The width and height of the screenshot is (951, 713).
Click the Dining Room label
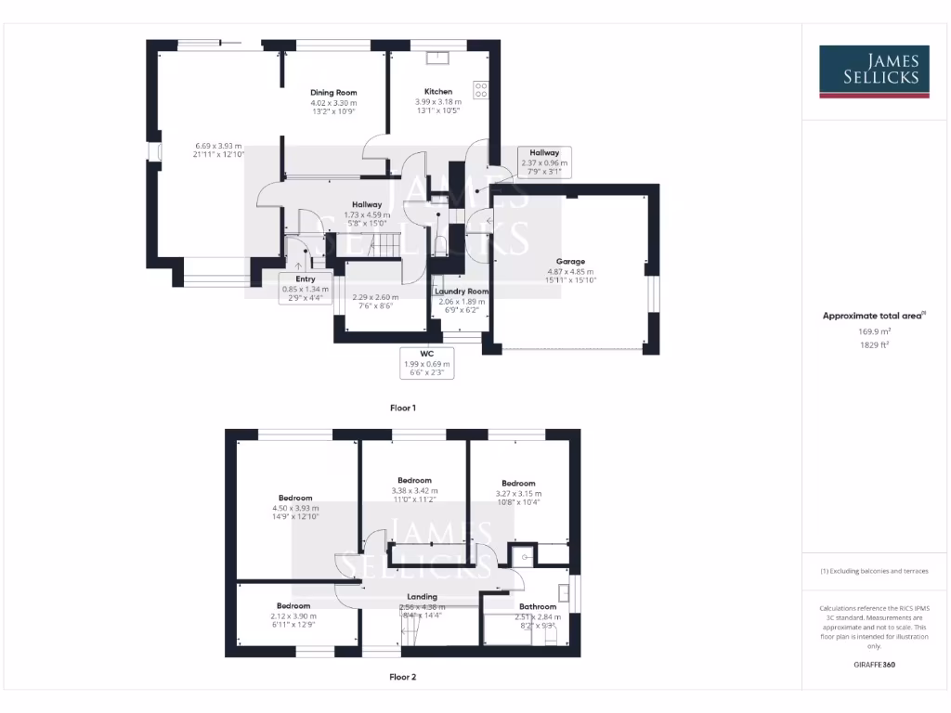(x=333, y=93)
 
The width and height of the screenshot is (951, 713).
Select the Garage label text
(x=570, y=262)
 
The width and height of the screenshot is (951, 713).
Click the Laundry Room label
(x=462, y=292)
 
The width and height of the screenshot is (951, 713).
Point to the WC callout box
(x=427, y=363)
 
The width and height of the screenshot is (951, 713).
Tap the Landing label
(x=422, y=597)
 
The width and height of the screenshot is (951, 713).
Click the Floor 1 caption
(x=402, y=408)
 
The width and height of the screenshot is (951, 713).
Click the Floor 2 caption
(x=402, y=677)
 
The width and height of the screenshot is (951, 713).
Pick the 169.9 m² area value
(x=873, y=331)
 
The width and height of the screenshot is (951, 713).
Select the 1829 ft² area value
(x=873, y=344)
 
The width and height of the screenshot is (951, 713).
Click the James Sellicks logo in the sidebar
(x=873, y=71)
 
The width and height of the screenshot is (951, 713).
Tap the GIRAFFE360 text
(x=874, y=665)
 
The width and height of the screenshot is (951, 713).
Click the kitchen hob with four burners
(x=481, y=90)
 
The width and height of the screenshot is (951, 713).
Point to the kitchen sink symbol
(x=436, y=58)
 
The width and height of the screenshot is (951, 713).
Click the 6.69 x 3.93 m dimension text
(x=218, y=146)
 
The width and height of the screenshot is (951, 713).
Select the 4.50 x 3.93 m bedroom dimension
(x=294, y=508)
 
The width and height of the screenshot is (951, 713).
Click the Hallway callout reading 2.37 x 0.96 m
(x=544, y=162)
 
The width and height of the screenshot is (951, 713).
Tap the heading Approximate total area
(x=873, y=316)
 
